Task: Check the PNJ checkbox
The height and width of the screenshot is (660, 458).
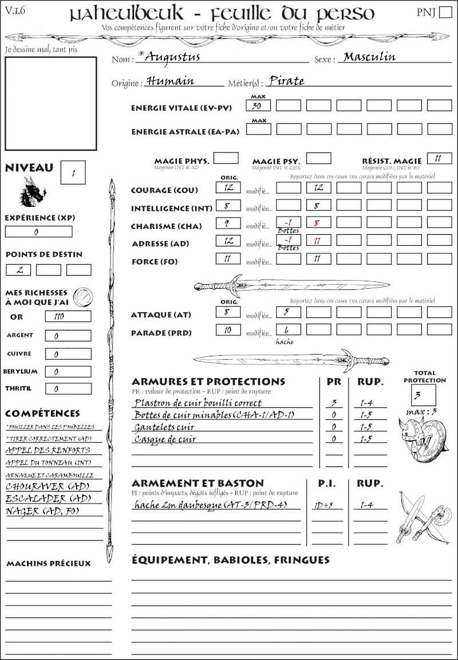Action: (x=444, y=13)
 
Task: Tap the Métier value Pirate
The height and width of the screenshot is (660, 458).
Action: (x=286, y=81)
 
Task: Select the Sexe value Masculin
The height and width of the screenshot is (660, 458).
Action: (x=369, y=57)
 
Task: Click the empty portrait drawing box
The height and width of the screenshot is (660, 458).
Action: (x=50, y=103)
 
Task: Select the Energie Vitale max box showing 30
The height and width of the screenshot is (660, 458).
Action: (x=258, y=106)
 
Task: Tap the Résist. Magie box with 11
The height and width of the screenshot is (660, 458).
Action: (x=439, y=158)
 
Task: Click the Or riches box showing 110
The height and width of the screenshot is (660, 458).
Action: (x=68, y=316)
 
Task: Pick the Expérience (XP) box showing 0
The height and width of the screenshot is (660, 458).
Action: (x=38, y=232)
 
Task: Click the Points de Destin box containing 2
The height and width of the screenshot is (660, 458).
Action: (x=18, y=269)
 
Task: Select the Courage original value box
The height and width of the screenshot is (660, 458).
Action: (x=227, y=188)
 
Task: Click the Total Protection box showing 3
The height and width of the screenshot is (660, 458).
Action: (x=423, y=394)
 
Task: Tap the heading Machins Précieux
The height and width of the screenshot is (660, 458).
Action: (x=48, y=564)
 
